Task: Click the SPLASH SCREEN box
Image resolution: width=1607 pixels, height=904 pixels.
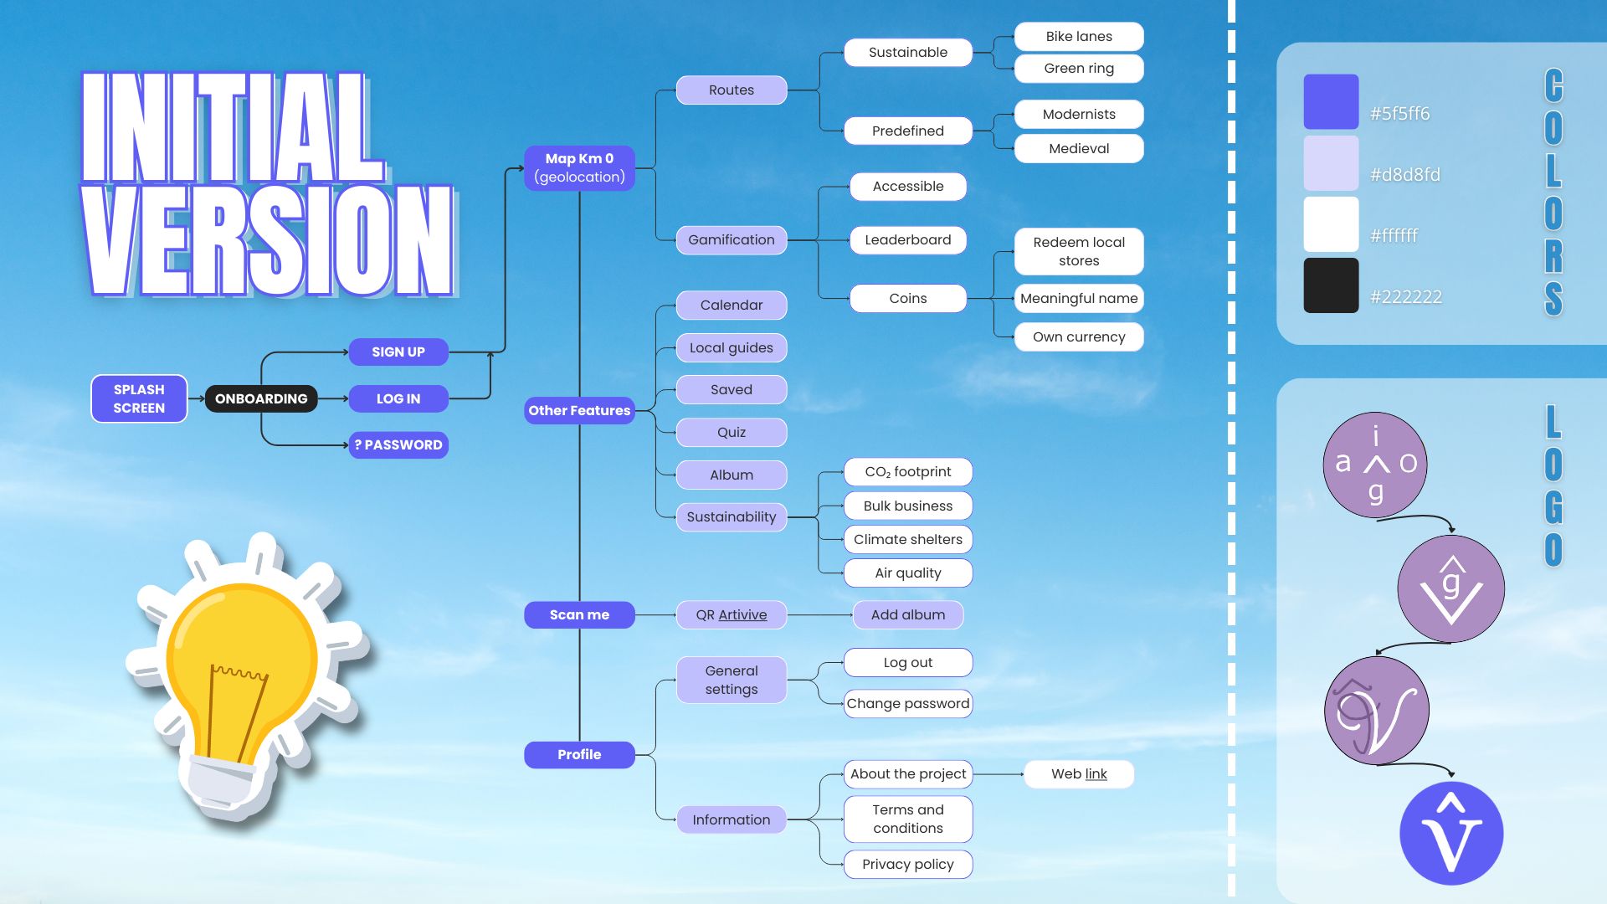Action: [139, 398]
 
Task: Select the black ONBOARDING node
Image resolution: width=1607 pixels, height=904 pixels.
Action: [261, 398]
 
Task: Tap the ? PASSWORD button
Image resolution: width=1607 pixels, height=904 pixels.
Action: [398, 444]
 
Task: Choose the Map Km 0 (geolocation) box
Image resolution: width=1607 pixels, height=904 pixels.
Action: [579, 167]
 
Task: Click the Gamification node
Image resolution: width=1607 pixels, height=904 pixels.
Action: [731, 239]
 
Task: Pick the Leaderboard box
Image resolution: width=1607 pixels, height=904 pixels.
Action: [907, 239]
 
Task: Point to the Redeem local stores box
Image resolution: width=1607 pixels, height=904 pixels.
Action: [1078, 251]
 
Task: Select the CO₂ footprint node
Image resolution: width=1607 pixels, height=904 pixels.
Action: [907, 471]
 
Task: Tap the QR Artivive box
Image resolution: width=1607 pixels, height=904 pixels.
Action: [731, 614]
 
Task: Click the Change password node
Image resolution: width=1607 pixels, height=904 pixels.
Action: [907, 703]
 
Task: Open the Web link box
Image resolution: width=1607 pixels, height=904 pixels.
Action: [1078, 773]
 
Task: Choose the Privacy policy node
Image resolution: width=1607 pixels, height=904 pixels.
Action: [907, 864]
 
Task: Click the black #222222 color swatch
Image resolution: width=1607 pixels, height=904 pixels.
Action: [1331, 285]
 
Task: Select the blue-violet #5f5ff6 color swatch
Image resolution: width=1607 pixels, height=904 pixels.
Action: [1331, 101]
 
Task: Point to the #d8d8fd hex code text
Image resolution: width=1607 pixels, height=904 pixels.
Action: [1404, 174]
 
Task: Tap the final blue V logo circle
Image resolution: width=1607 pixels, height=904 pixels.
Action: [1451, 833]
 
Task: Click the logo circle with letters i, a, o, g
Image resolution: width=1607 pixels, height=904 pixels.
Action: [1374, 464]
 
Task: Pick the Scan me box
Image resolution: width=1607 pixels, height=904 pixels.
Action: [579, 614]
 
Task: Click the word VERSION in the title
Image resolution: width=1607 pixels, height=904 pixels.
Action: [268, 241]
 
